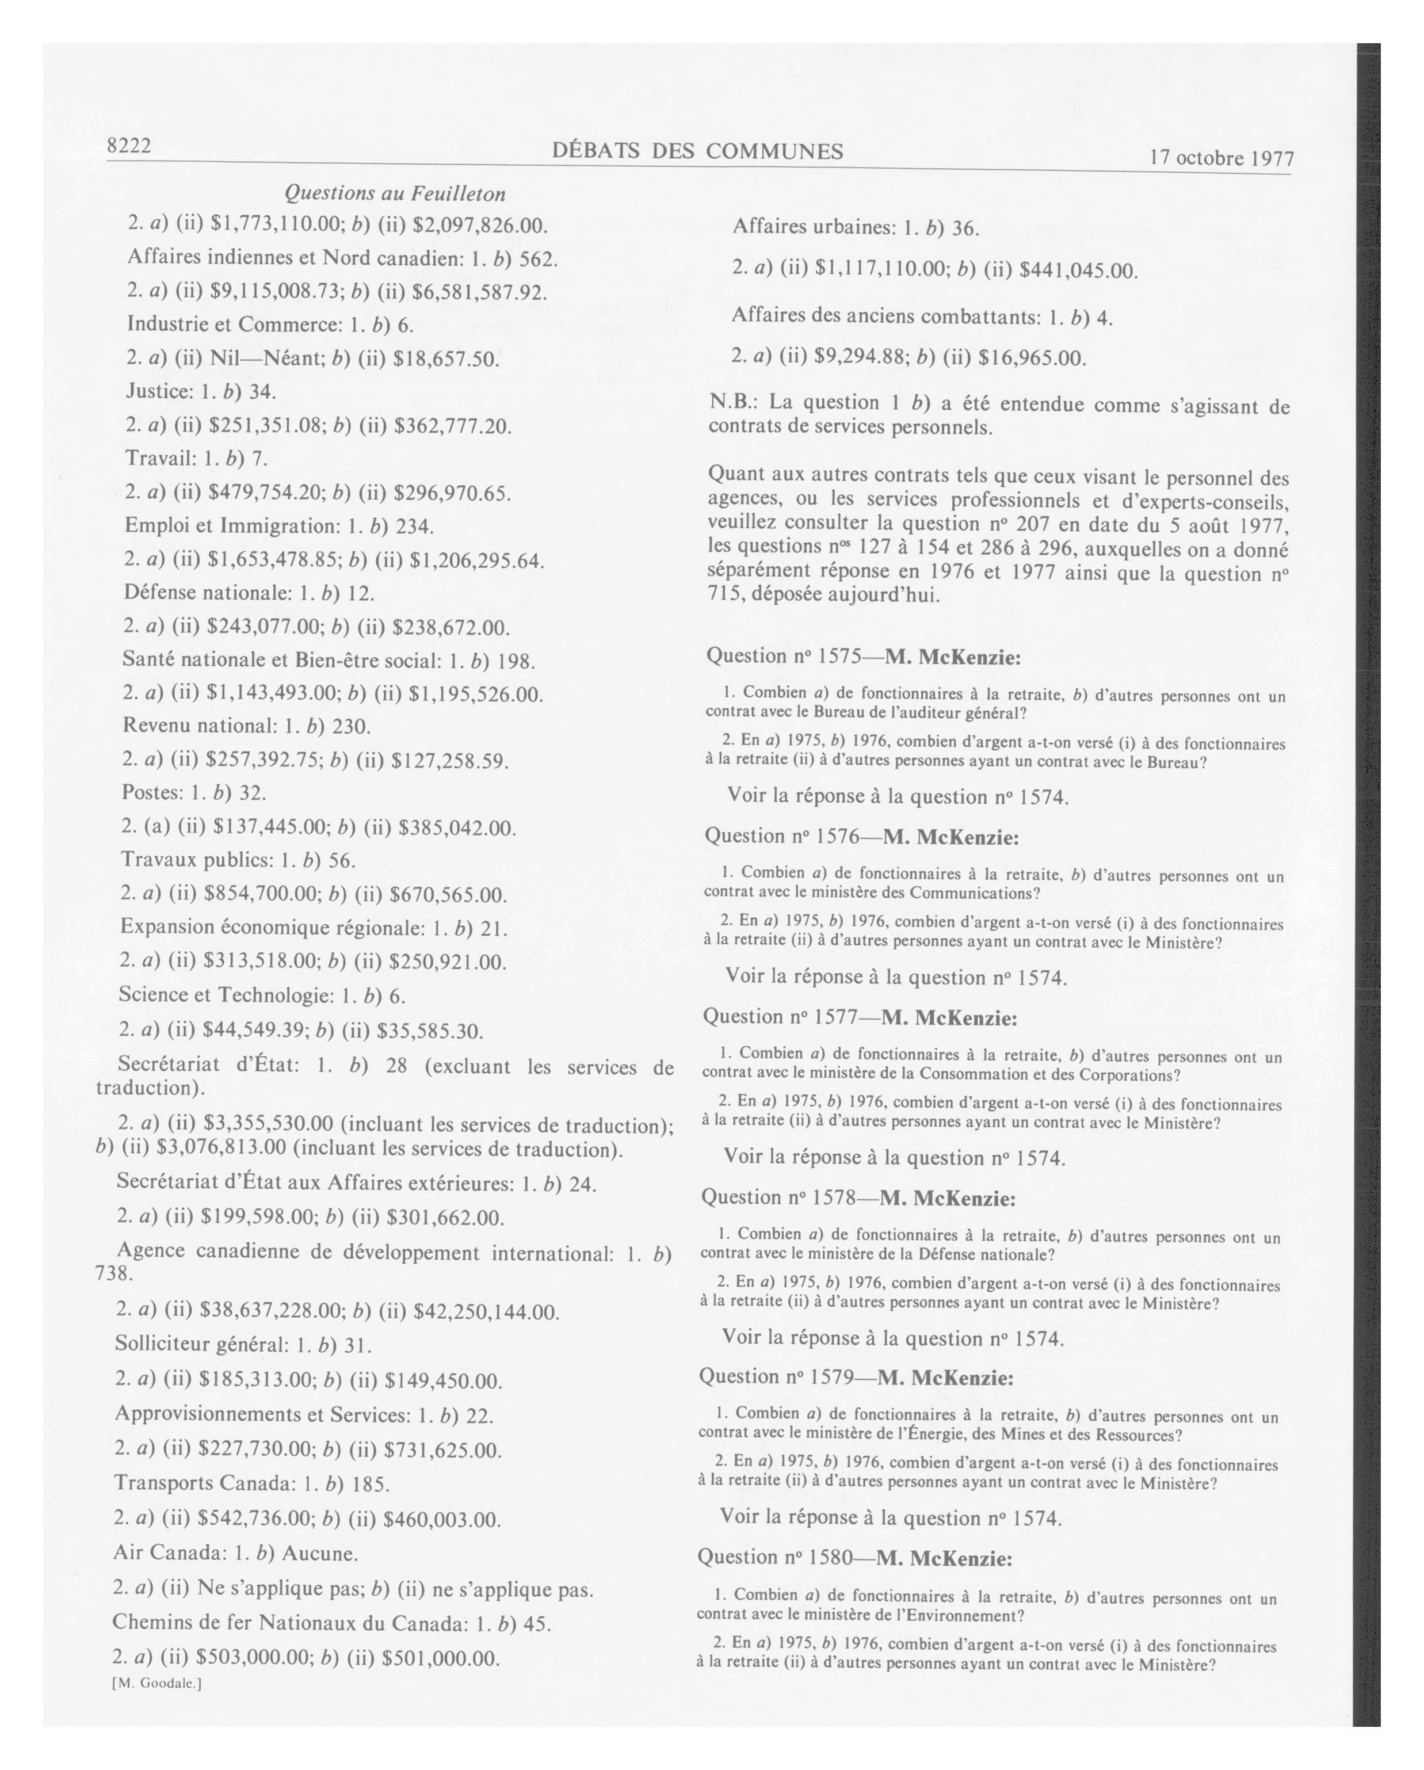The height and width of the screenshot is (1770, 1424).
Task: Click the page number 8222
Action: tap(129, 146)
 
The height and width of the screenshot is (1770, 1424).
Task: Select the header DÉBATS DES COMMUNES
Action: tap(698, 151)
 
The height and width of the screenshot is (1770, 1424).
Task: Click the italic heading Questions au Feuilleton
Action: tap(395, 194)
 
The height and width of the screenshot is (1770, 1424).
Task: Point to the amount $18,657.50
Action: tap(446, 358)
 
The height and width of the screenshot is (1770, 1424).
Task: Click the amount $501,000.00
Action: tap(441, 1658)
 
